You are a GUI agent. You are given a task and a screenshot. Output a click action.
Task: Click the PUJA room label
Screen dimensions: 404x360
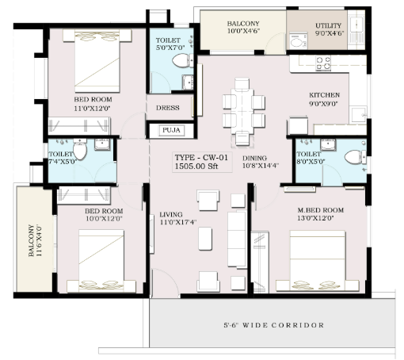(171, 130)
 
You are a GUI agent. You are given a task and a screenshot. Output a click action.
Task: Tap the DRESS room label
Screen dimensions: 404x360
(168, 108)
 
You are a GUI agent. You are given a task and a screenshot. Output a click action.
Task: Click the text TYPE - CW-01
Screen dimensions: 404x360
(201, 158)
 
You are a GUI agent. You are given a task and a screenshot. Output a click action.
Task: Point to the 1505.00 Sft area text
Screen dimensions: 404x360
(196, 167)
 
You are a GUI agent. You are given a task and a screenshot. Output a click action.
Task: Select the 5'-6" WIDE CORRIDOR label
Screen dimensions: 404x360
(274, 325)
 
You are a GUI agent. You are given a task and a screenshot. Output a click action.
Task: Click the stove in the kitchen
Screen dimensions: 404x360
(323, 63)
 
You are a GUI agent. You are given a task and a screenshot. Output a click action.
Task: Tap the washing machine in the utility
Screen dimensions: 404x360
(299, 40)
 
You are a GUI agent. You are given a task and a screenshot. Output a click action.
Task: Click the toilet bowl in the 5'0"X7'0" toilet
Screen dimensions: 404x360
(183, 60)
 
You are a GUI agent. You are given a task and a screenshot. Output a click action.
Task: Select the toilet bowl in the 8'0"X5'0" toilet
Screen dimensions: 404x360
(356, 157)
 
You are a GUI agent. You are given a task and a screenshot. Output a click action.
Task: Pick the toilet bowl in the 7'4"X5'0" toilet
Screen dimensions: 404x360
(80, 149)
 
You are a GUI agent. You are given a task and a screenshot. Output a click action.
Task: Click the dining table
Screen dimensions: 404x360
(242, 112)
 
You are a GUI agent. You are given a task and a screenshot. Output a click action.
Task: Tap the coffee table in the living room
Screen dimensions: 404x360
(205, 239)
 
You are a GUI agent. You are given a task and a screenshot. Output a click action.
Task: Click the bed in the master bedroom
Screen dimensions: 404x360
(318, 261)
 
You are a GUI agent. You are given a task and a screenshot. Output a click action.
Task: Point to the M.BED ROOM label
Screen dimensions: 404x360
(321, 210)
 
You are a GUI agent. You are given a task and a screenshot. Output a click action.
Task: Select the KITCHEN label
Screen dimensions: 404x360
(324, 95)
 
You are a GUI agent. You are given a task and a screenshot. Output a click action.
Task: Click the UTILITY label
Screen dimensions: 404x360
(328, 25)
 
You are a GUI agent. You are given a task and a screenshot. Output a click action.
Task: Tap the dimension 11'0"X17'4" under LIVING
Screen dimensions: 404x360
(178, 222)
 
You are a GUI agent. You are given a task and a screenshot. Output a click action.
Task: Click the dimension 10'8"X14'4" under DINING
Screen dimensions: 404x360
(261, 166)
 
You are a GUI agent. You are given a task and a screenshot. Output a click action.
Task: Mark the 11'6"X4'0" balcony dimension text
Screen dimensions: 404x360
(39, 240)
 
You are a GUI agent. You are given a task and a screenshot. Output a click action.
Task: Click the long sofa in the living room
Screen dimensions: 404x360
(237, 239)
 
